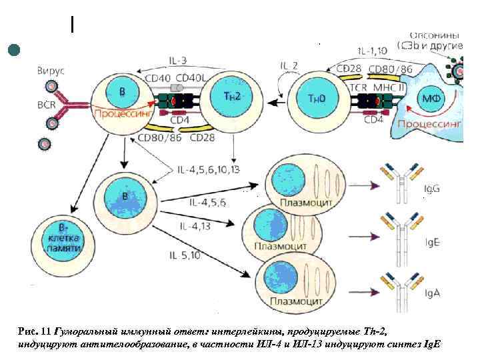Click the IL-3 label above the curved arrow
click(x=179, y=61)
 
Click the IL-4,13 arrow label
click(x=195, y=227)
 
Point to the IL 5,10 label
click(x=185, y=255)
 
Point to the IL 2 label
click(x=289, y=65)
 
